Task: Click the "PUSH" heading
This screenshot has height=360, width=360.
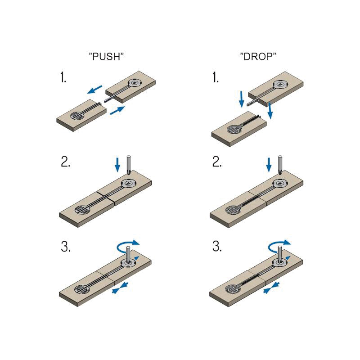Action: click(x=106, y=56)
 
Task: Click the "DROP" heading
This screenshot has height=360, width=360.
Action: click(x=258, y=56)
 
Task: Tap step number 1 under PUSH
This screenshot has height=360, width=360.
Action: click(x=63, y=77)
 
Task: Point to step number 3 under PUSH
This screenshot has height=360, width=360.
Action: click(x=66, y=247)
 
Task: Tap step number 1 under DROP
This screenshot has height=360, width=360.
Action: click(x=216, y=77)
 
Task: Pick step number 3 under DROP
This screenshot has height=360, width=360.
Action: click(x=217, y=247)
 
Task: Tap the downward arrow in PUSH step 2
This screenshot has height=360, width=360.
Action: click(x=117, y=165)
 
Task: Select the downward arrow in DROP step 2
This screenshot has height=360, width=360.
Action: click(x=269, y=165)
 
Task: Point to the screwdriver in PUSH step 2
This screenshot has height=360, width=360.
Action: click(x=129, y=165)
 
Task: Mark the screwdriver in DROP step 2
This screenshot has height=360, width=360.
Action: click(x=280, y=165)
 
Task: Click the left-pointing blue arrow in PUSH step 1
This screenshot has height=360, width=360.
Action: click(x=94, y=90)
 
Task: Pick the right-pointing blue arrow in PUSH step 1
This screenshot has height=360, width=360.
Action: click(x=117, y=110)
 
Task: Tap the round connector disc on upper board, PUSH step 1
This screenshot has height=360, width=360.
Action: click(x=134, y=83)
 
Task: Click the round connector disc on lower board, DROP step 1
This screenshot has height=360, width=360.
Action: click(x=234, y=130)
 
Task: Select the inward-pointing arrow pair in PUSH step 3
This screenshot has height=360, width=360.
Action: click(x=120, y=288)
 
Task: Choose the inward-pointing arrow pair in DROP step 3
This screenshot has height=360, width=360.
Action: click(x=271, y=288)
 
